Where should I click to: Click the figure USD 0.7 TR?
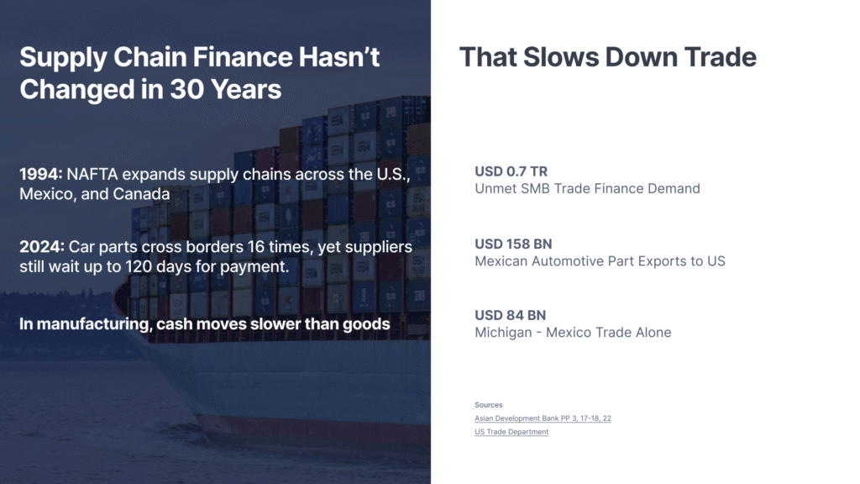(x=511, y=171)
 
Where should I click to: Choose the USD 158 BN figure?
(x=513, y=244)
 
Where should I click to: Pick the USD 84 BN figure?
(x=510, y=315)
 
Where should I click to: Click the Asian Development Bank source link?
(x=543, y=418)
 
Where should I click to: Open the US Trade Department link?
(x=511, y=432)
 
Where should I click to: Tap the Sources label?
(x=489, y=405)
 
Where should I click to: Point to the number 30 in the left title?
(x=187, y=89)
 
